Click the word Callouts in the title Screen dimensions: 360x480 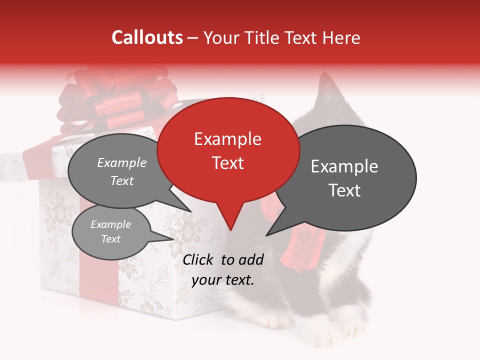tap(147, 37)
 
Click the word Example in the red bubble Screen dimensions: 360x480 tap(227, 139)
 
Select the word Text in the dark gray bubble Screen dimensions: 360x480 tap(344, 190)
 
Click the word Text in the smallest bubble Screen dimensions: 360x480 tap(111, 239)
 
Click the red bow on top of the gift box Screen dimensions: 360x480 tap(117, 100)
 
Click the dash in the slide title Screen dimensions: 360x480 tap(193, 38)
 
